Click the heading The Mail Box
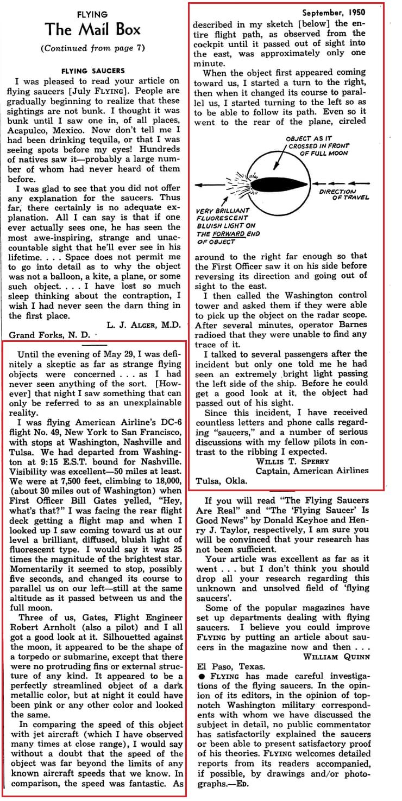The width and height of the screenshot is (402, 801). (92, 29)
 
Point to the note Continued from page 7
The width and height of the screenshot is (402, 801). (92, 48)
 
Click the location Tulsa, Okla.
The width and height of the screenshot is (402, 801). (222, 481)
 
